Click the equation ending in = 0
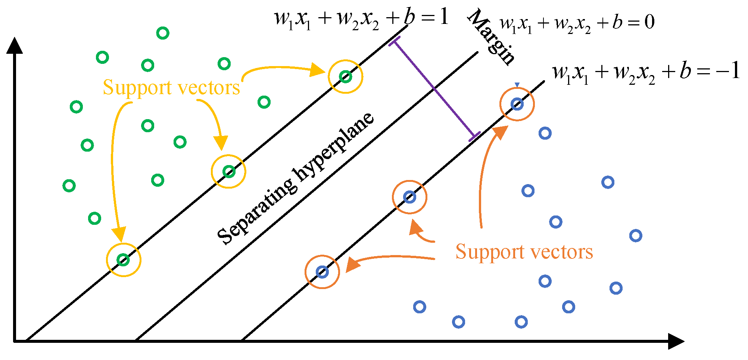point(577,23)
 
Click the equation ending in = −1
point(645,72)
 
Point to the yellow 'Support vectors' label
point(171,88)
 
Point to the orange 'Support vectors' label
point(524,252)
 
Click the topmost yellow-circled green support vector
point(345,77)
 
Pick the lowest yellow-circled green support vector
point(124,260)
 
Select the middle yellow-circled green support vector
point(229,172)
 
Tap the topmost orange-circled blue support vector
point(517,104)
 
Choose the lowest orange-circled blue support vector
point(322,272)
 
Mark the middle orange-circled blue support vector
point(409,197)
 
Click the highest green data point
point(163,33)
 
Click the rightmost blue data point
point(636,236)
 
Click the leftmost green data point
point(69,186)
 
